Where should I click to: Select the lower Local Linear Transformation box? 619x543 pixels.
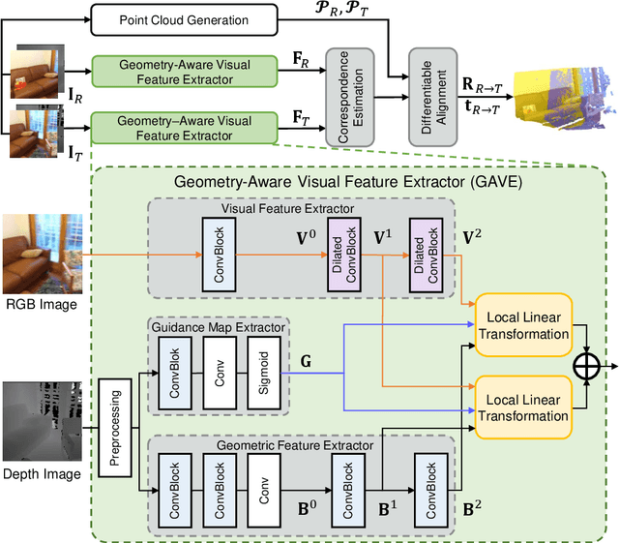coord(526,407)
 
